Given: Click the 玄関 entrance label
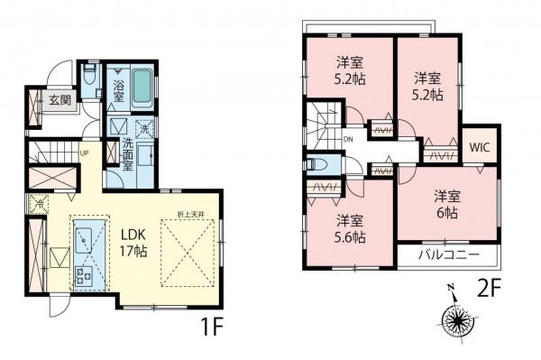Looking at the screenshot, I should [60, 99].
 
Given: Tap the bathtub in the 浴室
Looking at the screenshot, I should [142, 88].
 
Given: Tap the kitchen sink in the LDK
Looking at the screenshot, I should [88, 237].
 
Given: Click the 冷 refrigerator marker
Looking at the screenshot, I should [39, 204].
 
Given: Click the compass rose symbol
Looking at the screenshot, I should [459, 318].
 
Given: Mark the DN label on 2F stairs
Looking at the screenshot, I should [349, 139].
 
